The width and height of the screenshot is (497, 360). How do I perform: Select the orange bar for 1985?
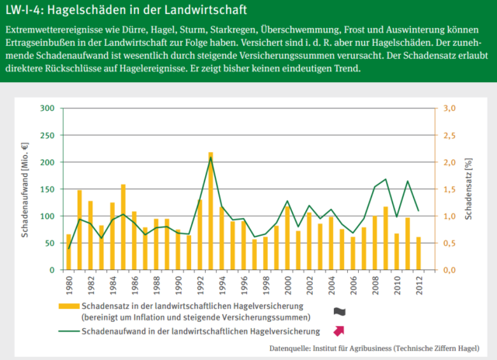123,227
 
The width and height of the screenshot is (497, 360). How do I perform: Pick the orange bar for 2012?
419,254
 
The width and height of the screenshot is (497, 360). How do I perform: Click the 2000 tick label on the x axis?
287,285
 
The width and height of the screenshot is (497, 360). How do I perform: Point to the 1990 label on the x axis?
178,285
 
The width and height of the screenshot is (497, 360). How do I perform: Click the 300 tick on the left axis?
47,109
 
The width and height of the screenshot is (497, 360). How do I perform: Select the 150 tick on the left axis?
47,189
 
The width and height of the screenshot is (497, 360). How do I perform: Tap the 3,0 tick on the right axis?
450,109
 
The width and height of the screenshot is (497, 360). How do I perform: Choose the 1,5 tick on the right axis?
450,189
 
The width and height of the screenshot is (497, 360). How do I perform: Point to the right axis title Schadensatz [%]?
469,189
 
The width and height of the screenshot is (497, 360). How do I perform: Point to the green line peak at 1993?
210,158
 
